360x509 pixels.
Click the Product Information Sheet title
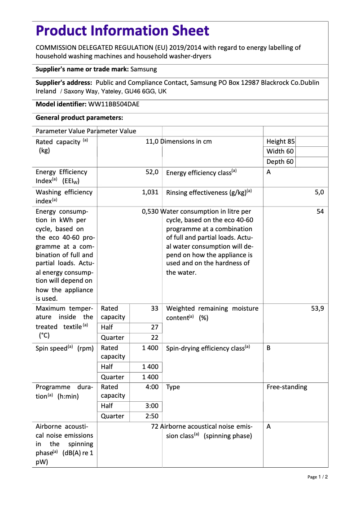pyautogui.click(x=123, y=31)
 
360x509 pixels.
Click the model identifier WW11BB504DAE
pyautogui.click(x=114, y=104)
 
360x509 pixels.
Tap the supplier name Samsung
pyautogui.click(x=144, y=69)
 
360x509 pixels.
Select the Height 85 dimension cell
pyautogui.click(x=281, y=141)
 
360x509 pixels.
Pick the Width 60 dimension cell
pyautogui.click(x=280, y=151)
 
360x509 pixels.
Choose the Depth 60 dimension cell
pyautogui.click(x=280, y=162)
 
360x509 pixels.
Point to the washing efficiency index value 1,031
pyautogui.click(x=150, y=192)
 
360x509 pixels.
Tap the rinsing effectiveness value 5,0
pyautogui.click(x=319, y=192)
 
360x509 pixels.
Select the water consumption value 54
pyautogui.click(x=320, y=211)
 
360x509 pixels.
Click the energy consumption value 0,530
pyautogui.click(x=150, y=211)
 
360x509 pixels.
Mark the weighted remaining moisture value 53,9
pyautogui.click(x=317, y=308)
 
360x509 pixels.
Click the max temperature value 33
pyautogui.click(x=154, y=308)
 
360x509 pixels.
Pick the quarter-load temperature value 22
pyautogui.click(x=154, y=338)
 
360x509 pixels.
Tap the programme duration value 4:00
pyautogui.click(x=152, y=387)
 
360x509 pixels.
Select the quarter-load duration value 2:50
pyautogui.click(x=152, y=416)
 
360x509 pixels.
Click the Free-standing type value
pyautogui.click(x=287, y=387)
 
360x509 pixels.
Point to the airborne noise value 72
pyautogui.click(x=154, y=426)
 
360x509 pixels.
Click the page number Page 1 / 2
pyautogui.click(x=317, y=477)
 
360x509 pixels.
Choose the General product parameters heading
pyautogui.click(x=79, y=118)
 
